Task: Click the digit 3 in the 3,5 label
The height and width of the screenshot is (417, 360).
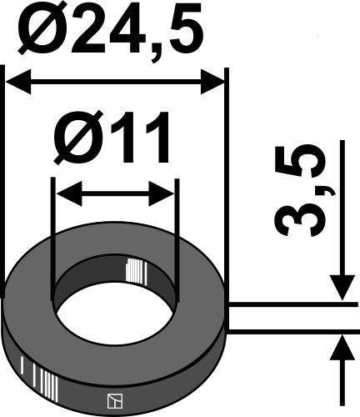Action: pyautogui.click(x=298, y=219)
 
